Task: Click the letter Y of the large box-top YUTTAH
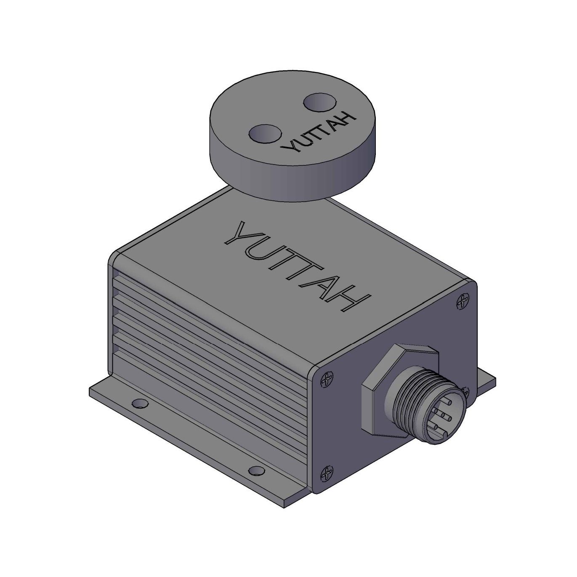click(x=242, y=234)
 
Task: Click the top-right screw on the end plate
click(x=463, y=300)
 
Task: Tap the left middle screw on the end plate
click(x=326, y=380)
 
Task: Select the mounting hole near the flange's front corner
click(x=254, y=470)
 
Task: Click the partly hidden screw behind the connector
click(x=466, y=392)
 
